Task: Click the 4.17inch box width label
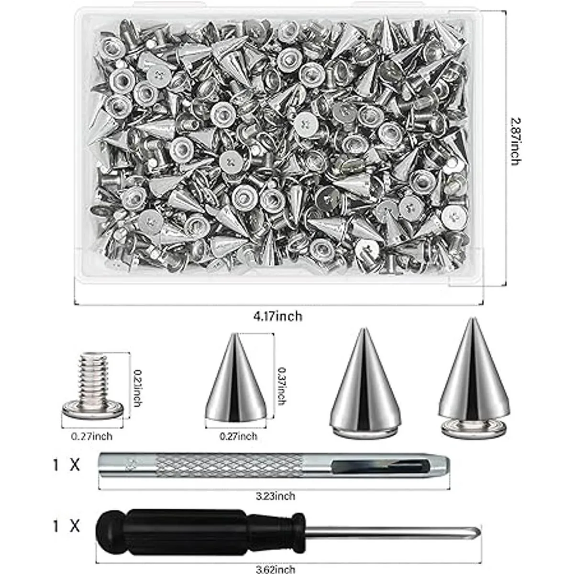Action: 277,316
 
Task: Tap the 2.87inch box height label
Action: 516,141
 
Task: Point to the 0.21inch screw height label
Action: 137,388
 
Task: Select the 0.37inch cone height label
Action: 282,386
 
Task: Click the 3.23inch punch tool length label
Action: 276,496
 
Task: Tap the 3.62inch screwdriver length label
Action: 276,569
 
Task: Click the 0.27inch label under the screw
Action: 92,436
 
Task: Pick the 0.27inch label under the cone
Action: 238,436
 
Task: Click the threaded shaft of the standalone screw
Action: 93,377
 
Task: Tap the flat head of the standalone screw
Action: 93,409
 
